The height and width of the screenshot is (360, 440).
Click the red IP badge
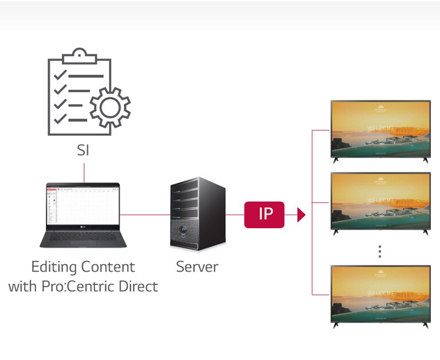coord(264,214)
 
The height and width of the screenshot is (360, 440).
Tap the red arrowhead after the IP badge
coord(301,215)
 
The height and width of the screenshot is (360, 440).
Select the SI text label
coord(84,151)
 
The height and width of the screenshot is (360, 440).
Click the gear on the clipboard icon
coord(111,107)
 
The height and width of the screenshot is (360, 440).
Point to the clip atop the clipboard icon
coord(78,56)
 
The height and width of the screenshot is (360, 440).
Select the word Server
coord(197,267)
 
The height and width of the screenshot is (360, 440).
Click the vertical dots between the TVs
coord(380,252)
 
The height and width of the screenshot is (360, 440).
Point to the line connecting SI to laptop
coord(84,172)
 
